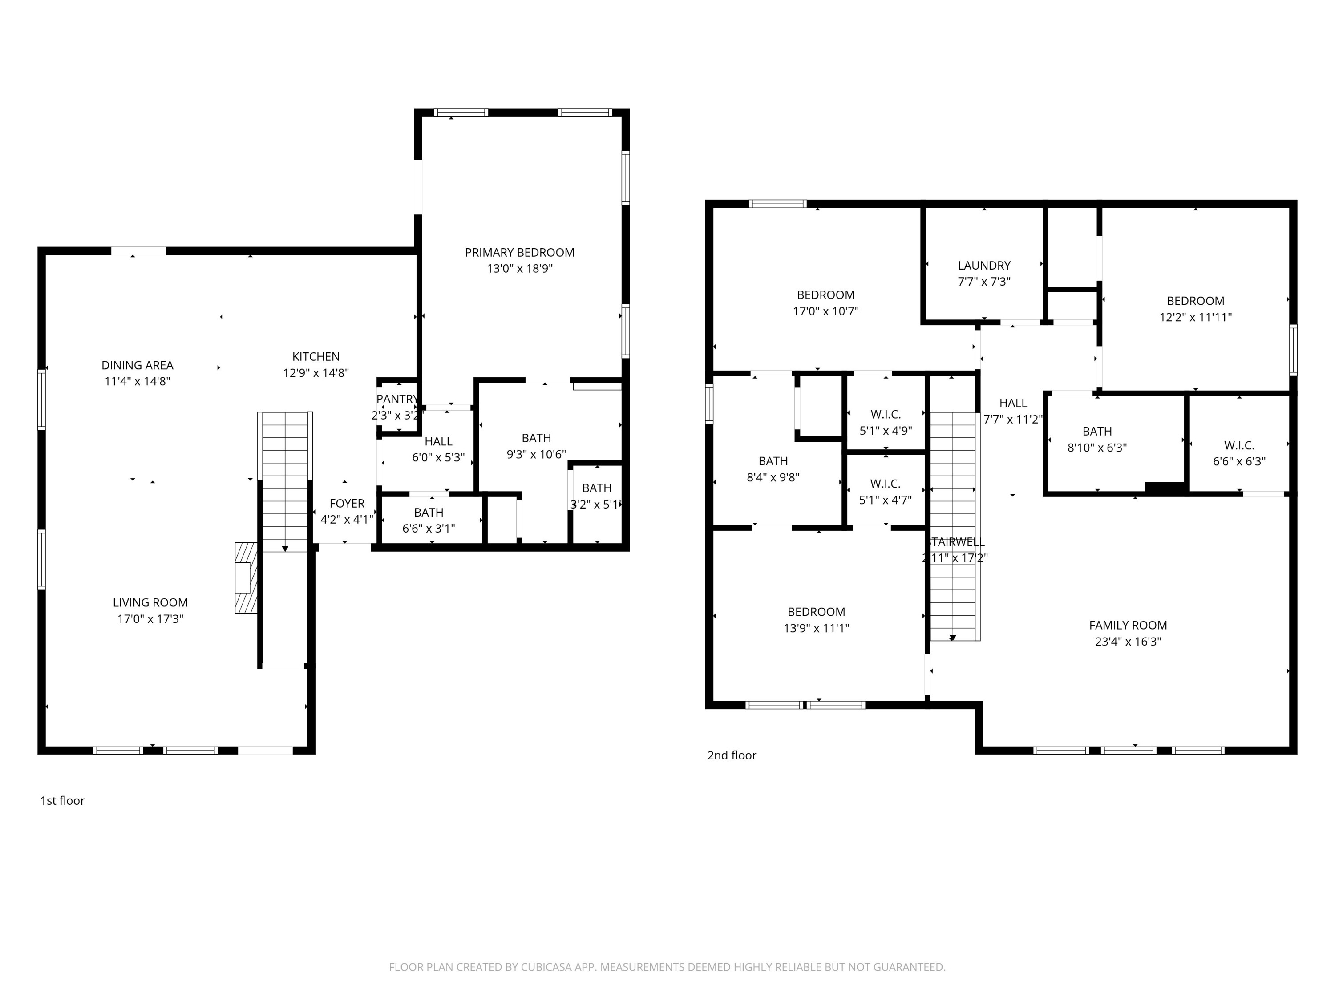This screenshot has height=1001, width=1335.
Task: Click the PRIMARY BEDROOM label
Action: [519, 252]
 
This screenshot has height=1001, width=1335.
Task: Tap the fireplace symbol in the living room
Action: [246, 577]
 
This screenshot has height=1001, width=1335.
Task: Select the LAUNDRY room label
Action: [984, 266]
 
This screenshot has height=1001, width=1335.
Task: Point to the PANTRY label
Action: [396, 399]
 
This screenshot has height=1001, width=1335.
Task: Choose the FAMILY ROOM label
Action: [1127, 625]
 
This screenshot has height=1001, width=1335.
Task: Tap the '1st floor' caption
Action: [62, 801]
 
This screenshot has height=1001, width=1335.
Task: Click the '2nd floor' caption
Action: [732, 755]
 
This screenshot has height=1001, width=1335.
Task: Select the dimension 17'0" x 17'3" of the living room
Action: [150, 618]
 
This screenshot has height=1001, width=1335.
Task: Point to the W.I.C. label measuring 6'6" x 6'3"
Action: [1239, 445]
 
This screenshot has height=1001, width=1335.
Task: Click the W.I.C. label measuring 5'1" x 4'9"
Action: [886, 415]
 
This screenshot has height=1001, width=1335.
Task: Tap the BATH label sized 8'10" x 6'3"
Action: [1096, 432]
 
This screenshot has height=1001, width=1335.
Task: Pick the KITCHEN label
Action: [316, 357]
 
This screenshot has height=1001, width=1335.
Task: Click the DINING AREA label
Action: [137, 365]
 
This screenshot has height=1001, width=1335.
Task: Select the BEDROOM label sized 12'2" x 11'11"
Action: [1195, 300]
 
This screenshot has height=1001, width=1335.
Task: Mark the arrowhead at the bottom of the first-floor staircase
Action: [285, 549]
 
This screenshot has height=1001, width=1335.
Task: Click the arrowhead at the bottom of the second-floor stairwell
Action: [952, 638]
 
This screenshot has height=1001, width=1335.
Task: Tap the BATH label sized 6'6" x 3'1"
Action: [429, 512]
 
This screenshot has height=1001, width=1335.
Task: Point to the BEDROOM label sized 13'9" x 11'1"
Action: [816, 612]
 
